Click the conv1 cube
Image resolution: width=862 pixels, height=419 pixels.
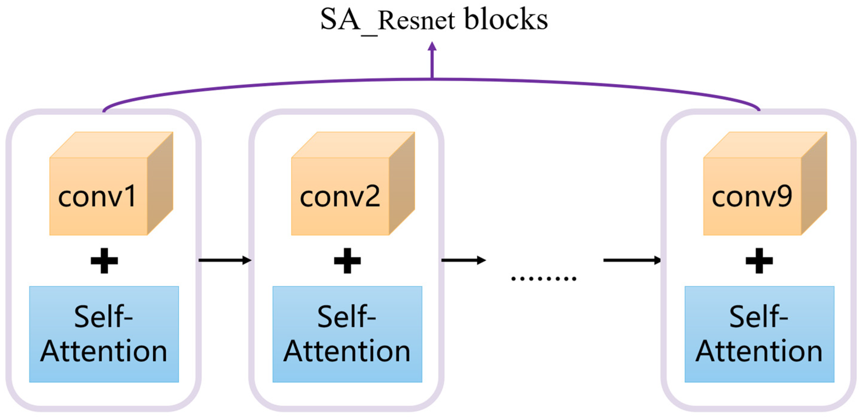coord(111,184)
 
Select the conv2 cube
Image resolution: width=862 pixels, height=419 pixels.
coord(353,184)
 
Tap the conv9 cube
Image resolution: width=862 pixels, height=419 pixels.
coord(765,184)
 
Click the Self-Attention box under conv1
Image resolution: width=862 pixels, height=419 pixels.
coord(104,334)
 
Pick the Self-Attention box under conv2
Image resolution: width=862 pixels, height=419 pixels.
coord(347,334)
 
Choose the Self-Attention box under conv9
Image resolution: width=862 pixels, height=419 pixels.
coord(759,334)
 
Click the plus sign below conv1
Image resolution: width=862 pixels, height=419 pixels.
coord(104,260)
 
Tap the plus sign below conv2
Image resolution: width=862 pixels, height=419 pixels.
coord(347,260)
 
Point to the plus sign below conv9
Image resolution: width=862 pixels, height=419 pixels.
coord(759,260)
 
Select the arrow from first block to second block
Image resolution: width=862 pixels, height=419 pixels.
coord(225,260)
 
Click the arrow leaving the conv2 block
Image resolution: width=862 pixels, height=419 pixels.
coord(464,260)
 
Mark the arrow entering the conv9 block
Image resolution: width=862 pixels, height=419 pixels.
coord(633,260)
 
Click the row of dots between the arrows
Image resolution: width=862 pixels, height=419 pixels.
coord(544,278)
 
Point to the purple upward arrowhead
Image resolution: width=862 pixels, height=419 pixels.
coord(432,46)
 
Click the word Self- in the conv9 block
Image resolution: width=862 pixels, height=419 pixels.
coord(759,316)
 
